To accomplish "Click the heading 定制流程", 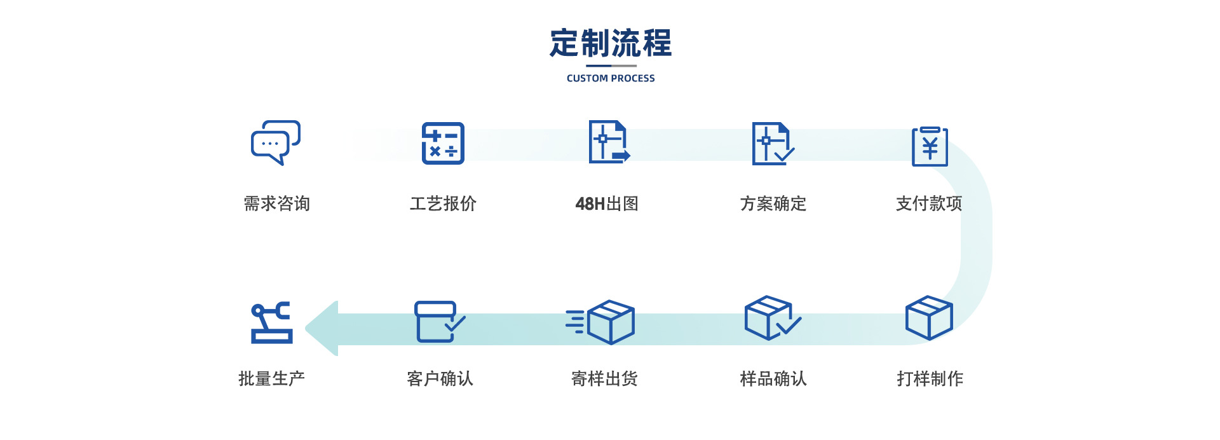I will [610, 43].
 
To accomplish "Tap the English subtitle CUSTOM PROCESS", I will [611, 78].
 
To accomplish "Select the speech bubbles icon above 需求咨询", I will [275, 143].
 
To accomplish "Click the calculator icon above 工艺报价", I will [443, 143].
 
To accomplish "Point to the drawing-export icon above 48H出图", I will [609, 142].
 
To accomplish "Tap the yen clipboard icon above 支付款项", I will [930, 147].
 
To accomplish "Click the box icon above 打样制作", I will [928, 318].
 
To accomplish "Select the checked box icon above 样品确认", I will [771, 318].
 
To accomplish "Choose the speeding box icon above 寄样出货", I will [601, 322].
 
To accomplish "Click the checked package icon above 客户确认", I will [439, 322].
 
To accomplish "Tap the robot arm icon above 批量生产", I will [272, 322].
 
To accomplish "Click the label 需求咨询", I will [276, 203].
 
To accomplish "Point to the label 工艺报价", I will [443, 203].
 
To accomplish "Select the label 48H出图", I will [607, 203].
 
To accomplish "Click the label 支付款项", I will [929, 203].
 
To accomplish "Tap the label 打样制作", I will [930, 379].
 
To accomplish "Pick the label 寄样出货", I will [604, 379].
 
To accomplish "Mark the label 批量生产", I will [271, 379].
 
